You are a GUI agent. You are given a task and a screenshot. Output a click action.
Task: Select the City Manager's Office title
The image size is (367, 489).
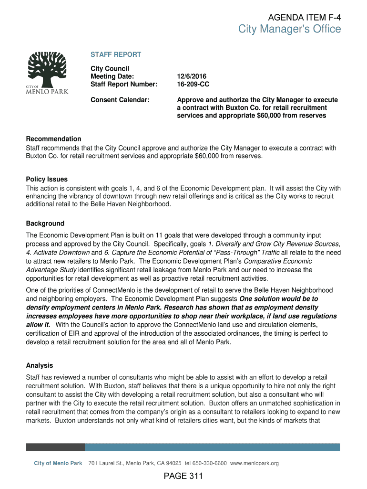(x=290, y=30)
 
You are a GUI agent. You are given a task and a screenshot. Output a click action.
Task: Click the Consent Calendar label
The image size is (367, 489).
(x=120, y=100)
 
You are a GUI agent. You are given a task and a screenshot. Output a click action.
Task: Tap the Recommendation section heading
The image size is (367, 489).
(x=53, y=139)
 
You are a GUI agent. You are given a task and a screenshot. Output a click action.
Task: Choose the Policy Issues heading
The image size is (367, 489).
(x=47, y=180)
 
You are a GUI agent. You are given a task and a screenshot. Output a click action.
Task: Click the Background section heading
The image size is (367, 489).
(x=45, y=223)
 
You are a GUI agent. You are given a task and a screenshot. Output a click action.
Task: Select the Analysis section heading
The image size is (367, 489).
(x=40, y=366)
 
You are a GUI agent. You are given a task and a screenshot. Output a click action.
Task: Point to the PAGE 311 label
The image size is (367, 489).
(x=183, y=476)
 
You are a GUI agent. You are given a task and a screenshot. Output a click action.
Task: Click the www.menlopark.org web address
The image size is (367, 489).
(x=254, y=463)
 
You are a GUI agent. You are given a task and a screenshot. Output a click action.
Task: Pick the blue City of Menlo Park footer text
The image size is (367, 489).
(x=58, y=463)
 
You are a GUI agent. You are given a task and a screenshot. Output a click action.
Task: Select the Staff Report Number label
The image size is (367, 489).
(x=124, y=85)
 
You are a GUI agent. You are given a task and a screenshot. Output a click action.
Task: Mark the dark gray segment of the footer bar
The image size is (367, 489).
(x=55, y=447)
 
